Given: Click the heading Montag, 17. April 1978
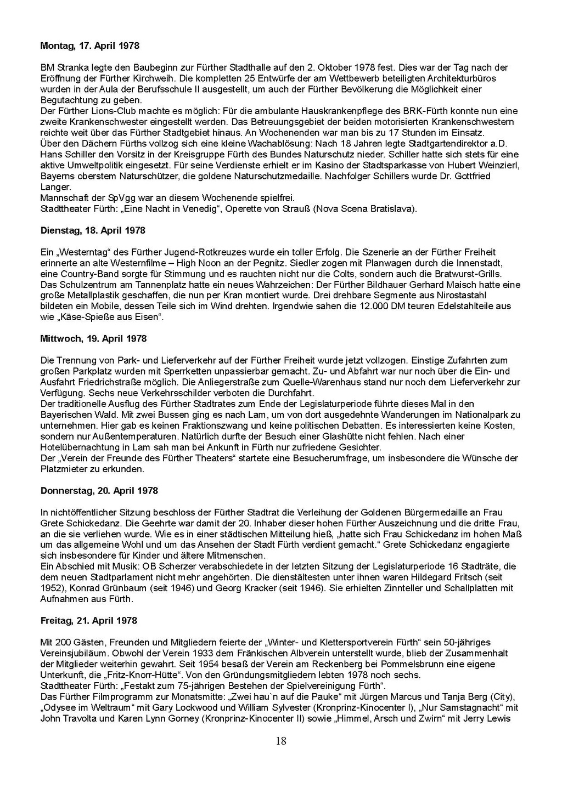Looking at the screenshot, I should pos(90,46).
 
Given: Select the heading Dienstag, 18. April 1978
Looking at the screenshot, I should pos(93,231).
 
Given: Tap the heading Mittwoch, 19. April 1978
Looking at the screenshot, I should pos(94,339).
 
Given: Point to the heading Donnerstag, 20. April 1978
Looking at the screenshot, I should pos(99,491).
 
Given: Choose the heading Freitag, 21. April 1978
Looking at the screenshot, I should pos(89,621).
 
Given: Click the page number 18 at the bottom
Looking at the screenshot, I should pos(281,741).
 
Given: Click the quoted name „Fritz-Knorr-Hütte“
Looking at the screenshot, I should pos(132,675).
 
